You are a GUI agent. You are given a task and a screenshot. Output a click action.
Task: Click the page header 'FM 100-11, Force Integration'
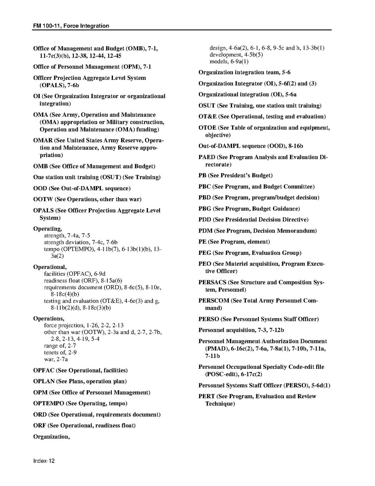pos(71,26)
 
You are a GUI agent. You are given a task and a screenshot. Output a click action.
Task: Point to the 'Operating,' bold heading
pos(47,229)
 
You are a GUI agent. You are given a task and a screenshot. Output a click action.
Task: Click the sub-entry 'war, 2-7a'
pos(56,359)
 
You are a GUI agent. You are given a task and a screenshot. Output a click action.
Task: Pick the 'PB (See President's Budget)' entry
pos(235,176)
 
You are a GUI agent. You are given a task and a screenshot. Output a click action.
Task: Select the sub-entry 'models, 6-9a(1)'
pos(229,62)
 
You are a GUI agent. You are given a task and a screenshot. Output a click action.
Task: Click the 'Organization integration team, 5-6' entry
pos(244,73)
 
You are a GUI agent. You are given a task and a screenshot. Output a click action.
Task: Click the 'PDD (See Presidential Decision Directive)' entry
pos(253,220)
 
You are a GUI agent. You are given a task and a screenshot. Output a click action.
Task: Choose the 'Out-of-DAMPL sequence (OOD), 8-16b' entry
pos(250,146)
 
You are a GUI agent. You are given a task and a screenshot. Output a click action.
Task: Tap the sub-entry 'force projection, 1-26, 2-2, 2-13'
pos(84,325)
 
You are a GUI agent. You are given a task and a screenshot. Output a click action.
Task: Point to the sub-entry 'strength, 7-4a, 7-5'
pos(67,236)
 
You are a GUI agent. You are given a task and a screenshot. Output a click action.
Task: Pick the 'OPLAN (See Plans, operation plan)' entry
pos(80,382)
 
